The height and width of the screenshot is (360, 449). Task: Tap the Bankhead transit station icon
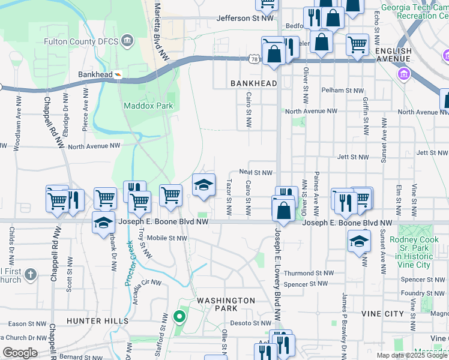pyautogui.click(x=119, y=75)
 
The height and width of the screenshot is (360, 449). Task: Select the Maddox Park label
pyautogui.click(x=148, y=106)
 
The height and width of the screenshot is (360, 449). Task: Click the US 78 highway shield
pyautogui.click(x=255, y=58)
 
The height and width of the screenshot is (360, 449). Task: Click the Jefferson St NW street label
pyautogui.click(x=245, y=19)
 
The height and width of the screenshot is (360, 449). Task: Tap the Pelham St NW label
pyautogui.click(x=342, y=90)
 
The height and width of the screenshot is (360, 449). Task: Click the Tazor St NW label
pyautogui.click(x=229, y=198)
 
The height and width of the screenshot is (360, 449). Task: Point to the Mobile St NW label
pyautogui.click(x=167, y=238)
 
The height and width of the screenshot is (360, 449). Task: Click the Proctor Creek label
pyautogui.click(x=130, y=263)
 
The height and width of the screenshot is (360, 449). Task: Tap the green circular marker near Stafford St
pyautogui.click(x=178, y=316)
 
